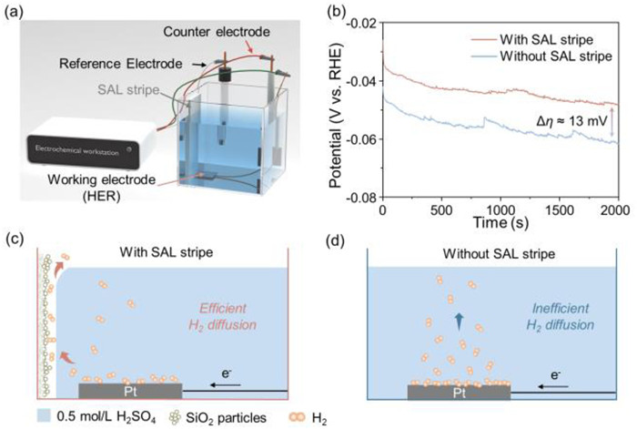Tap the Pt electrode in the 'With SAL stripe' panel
(129, 389)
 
